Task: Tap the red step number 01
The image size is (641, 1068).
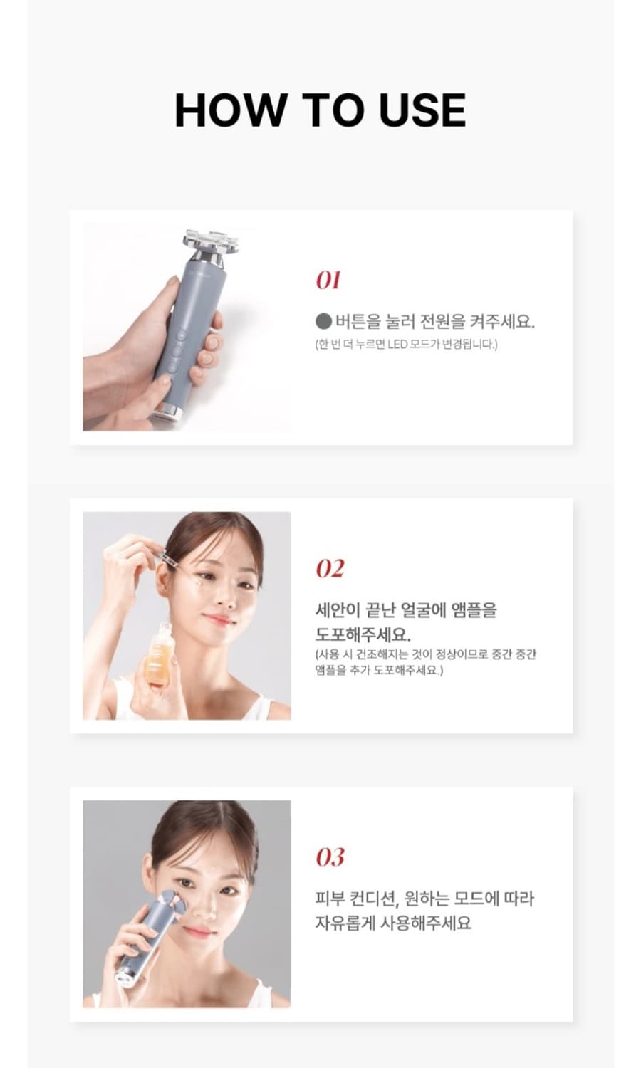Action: click(x=328, y=281)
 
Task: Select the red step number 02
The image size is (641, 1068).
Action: click(x=330, y=569)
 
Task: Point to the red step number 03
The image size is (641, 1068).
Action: click(x=330, y=857)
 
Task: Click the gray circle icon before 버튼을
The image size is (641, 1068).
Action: click(x=323, y=322)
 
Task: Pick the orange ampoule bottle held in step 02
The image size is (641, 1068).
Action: click(x=159, y=655)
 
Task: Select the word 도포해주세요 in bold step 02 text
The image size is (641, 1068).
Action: click(x=363, y=634)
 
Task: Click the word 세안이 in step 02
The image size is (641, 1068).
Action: click(x=337, y=610)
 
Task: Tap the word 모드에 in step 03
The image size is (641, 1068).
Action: click(x=472, y=899)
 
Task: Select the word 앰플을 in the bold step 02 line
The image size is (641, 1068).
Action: click(x=474, y=610)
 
